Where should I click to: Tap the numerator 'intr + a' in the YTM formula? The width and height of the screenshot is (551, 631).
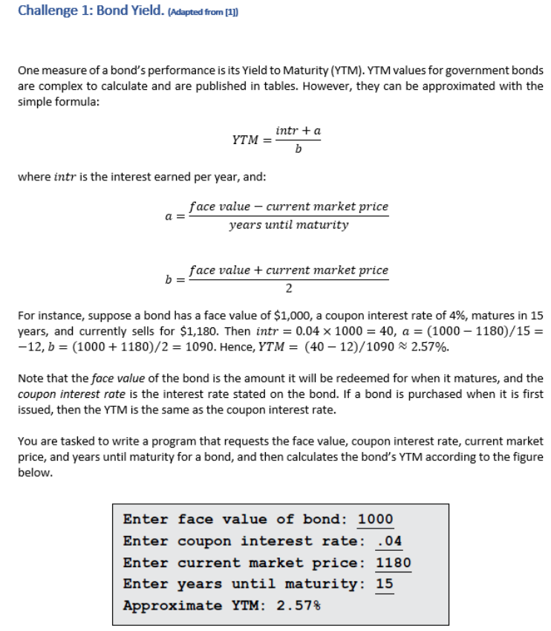point(298,131)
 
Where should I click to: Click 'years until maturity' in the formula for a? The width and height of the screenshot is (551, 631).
point(288,224)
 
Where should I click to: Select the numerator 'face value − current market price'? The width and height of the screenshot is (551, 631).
point(288,206)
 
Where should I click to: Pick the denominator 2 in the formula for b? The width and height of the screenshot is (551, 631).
point(288,287)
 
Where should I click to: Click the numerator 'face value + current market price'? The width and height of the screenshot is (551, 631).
point(288,270)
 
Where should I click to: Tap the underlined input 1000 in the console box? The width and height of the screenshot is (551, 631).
point(376,519)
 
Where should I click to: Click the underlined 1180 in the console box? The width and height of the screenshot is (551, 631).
point(394,562)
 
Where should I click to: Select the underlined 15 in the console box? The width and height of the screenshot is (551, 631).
point(385,583)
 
